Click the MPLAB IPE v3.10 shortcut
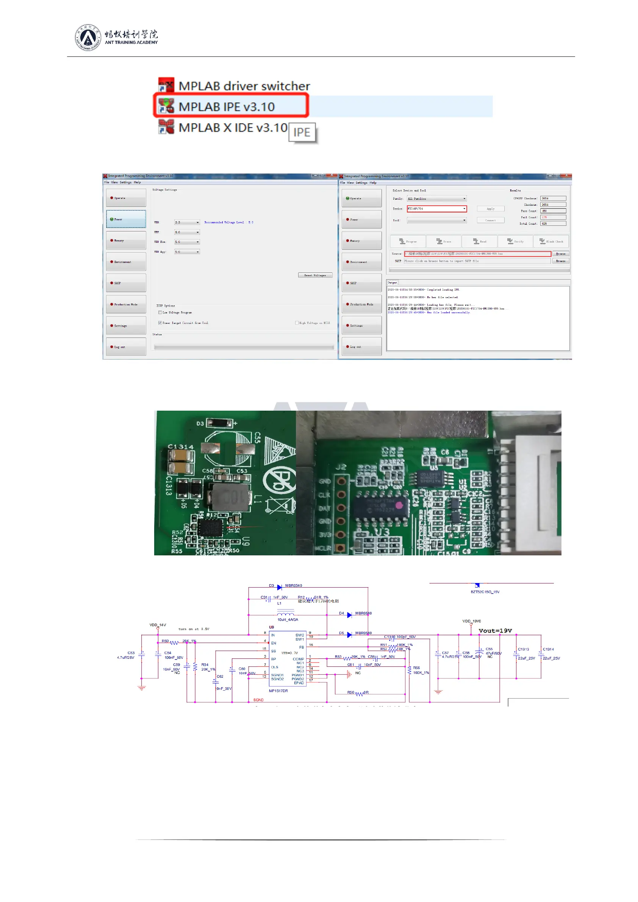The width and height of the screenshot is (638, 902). click(226, 106)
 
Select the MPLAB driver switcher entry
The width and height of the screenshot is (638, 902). click(244, 86)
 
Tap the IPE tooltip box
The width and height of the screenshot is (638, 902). click(302, 132)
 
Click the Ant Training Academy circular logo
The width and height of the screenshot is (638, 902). click(88, 38)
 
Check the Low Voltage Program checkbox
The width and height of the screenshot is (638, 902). click(160, 313)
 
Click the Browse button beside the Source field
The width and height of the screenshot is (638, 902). click(561, 254)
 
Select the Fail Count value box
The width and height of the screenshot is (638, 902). click(553, 217)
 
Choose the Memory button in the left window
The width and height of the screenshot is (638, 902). click(126, 241)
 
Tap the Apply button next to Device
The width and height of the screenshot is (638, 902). click(490, 209)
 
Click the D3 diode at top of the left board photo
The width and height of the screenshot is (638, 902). click(220, 423)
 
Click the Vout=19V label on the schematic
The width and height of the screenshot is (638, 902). click(495, 630)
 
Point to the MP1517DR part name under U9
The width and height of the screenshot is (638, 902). click(278, 691)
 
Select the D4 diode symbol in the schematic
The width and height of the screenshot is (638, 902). click(349, 615)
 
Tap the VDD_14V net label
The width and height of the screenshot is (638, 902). click(158, 625)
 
